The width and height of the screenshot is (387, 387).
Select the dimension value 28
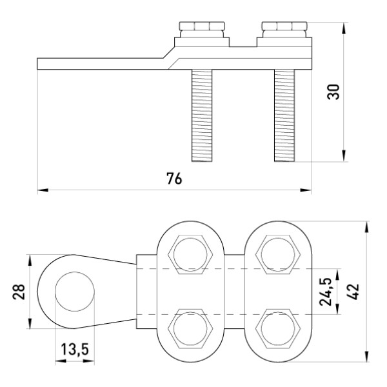20,292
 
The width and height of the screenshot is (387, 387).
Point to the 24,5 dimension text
328,292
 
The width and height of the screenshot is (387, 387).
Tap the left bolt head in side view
200,31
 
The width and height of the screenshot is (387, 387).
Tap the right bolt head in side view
284,31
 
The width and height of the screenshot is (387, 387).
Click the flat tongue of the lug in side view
97,63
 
